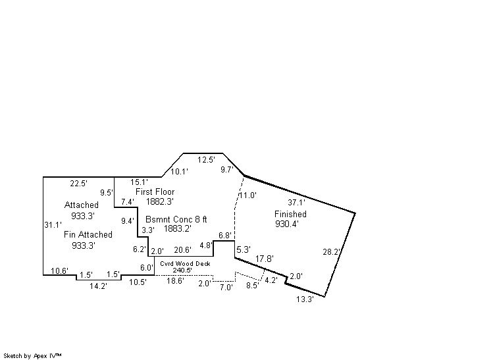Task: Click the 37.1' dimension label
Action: [296, 203]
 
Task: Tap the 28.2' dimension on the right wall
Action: [331, 251]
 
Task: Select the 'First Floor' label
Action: [155, 192]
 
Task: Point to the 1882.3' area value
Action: [160, 201]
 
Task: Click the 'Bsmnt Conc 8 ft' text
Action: [176, 219]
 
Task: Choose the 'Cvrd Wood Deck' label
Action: [185, 263]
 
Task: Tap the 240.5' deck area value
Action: [182, 270]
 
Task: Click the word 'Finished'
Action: [290, 214]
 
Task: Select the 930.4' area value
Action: [287, 224]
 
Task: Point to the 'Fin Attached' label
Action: [88, 235]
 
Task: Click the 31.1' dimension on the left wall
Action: [53, 225]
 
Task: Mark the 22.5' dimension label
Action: [78, 184]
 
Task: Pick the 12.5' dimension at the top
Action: [206, 160]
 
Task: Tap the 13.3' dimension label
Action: [305, 299]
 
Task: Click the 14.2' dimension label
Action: [98, 286]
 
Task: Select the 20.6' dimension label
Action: [182, 250]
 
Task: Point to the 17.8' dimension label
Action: [265, 259]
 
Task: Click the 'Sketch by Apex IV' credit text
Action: [32, 356]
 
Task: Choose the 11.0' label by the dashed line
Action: [248, 195]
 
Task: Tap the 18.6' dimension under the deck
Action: [175, 281]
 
